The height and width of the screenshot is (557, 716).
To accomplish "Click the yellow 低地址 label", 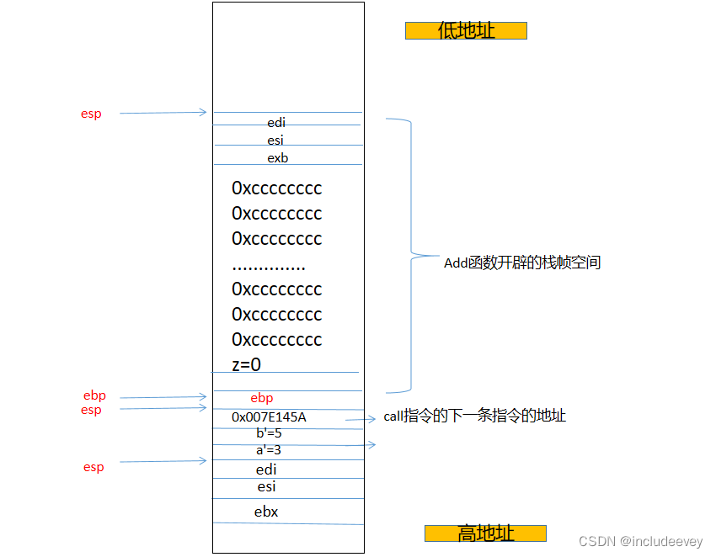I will (x=466, y=31).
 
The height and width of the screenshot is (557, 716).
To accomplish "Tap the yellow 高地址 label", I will (x=485, y=533).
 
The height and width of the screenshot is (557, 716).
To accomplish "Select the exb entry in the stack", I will (x=278, y=158).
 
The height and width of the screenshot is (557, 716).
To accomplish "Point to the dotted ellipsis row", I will (x=268, y=267).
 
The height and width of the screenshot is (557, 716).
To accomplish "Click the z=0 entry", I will (x=246, y=364).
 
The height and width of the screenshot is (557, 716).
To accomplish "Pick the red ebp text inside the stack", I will (x=262, y=398).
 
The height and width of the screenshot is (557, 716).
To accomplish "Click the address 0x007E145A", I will (x=269, y=417).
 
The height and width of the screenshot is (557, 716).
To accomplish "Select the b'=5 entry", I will (x=269, y=433).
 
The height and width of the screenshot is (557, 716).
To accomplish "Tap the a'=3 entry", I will (x=269, y=450).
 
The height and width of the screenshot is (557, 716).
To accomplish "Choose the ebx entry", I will (x=266, y=512).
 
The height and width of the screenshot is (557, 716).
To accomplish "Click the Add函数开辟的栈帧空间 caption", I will (x=522, y=263).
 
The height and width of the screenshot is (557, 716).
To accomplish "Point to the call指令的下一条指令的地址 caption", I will (x=475, y=416).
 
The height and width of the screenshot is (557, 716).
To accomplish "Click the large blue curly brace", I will (x=410, y=254).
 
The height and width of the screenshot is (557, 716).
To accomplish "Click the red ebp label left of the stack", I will (x=94, y=395).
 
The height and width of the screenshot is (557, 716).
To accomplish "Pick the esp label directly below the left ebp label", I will (x=91, y=411).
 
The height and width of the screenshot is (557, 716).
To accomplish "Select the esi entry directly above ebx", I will (x=266, y=487).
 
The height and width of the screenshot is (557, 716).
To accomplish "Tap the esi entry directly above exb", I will (x=275, y=141).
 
